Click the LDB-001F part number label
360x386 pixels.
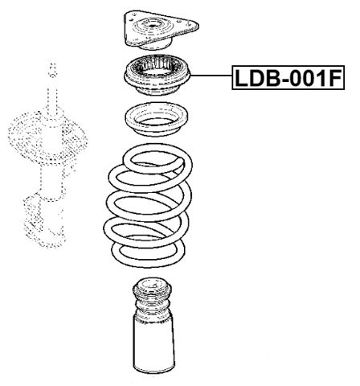(287, 79)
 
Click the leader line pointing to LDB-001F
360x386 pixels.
(206, 78)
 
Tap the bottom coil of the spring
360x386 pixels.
(149, 256)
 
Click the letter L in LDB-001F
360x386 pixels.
(240, 79)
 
